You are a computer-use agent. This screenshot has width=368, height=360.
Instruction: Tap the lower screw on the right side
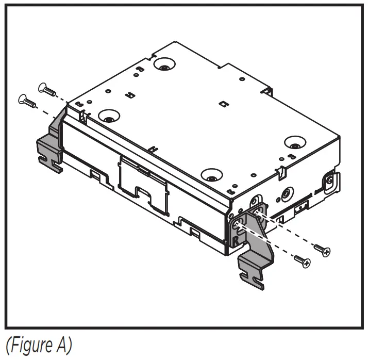coord(303,261)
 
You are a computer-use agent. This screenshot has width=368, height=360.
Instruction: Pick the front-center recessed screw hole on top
coord(211,176)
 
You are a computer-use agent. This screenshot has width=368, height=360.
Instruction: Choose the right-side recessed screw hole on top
coord(295,143)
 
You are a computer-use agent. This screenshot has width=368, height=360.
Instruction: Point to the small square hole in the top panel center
coord(223,104)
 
